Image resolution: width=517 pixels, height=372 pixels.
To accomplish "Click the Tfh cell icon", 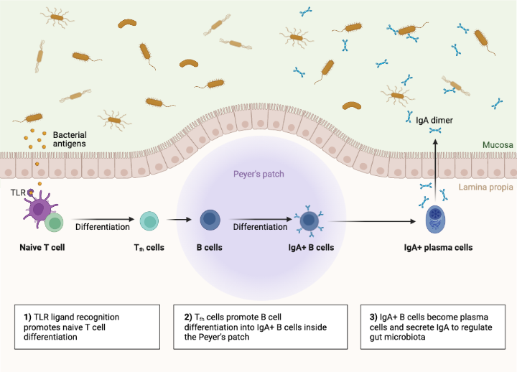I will pyautogui.click(x=149, y=220).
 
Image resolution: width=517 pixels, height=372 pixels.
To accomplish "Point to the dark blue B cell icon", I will pyautogui.click(x=210, y=219).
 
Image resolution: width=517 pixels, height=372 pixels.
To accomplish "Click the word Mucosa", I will pyautogui.click(x=495, y=145).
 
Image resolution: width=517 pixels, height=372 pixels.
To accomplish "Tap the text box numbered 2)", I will pyautogui.click(x=258, y=327).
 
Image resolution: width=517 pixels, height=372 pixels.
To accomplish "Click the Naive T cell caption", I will pyautogui.click(x=43, y=247).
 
